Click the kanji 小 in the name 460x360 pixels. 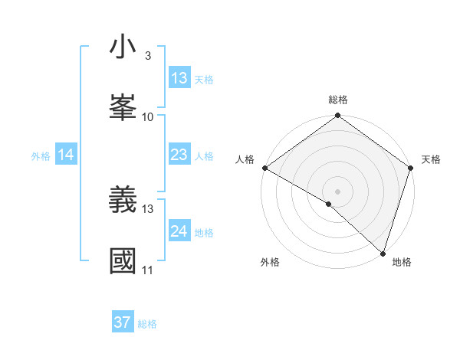click(123, 48)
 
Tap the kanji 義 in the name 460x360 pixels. click(123, 200)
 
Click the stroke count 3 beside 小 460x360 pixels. click(147, 56)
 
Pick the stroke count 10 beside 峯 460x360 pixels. click(147, 116)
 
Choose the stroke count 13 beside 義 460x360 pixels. click(148, 208)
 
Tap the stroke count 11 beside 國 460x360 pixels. click(147, 270)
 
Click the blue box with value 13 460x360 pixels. click(179, 78)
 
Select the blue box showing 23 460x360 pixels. click(179, 155)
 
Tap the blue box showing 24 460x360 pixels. click(179, 231)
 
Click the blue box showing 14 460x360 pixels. click(66, 155)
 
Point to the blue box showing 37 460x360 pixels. click(123, 322)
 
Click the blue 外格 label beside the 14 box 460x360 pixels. click(41, 155)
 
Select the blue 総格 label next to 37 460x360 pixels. click(147, 324)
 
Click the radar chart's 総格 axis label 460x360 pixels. click(337, 100)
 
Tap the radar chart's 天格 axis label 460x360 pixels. click(431, 159)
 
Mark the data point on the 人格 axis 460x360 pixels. click(264, 168)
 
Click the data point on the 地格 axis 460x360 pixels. click(383, 253)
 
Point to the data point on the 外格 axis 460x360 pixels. click(329, 204)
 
